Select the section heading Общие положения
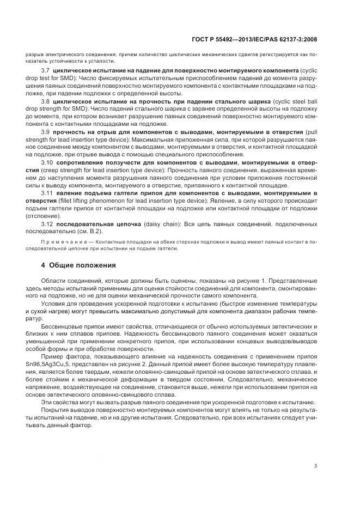(x=82, y=265)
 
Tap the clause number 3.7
(x=46, y=71)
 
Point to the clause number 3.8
(x=46, y=102)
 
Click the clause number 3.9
(x=46, y=132)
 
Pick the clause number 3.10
(x=47, y=162)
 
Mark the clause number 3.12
(x=47, y=224)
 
